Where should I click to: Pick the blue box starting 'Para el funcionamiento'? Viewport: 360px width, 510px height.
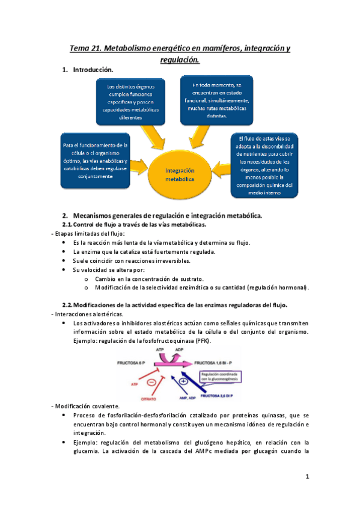[96, 161]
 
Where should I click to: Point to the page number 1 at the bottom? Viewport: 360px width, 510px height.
[307, 478]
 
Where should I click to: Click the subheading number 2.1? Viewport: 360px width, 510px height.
[70, 224]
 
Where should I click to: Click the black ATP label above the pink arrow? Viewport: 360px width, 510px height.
[159, 349]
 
